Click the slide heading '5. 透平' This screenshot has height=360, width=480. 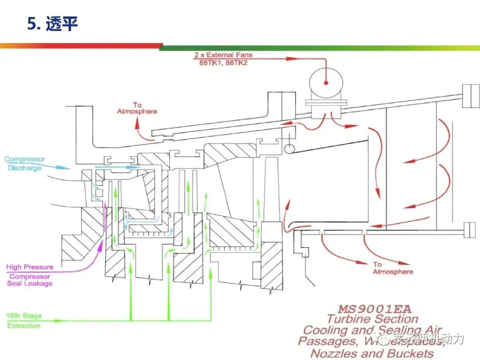(x=52, y=24)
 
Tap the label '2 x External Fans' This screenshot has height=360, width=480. (x=223, y=55)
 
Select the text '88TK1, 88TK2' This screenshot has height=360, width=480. (x=223, y=63)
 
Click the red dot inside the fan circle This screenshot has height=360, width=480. (x=326, y=83)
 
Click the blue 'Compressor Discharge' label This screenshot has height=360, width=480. (x=25, y=164)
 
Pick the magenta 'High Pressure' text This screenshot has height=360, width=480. (x=30, y=267)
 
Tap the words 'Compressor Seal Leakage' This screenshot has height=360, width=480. (x=30, y=280)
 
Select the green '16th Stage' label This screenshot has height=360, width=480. (x=24, y=316)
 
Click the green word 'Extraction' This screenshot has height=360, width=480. (x=24, y=326)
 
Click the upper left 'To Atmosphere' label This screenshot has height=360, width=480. (x=137, y=108)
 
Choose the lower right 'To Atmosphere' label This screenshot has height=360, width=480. (x=392, y=268)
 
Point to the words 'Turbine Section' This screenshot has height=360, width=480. (x=372, y=319)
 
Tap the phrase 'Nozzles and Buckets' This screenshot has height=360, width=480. (x=372, y=354)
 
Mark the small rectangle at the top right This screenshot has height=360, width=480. (x=470, y=96)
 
